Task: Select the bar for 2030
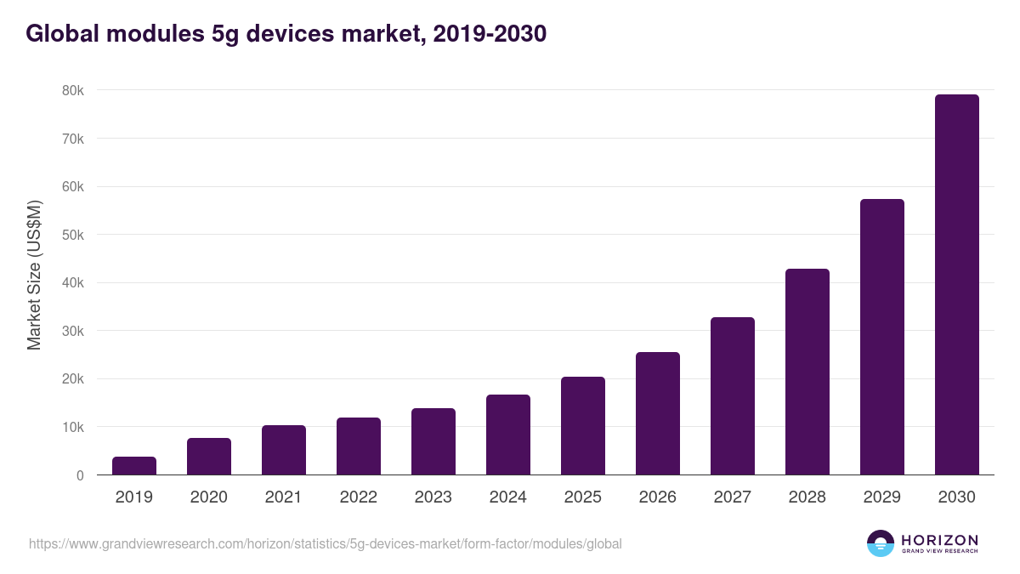pyautogui.click(x=956, y=285)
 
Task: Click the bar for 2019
pyautogui.click(x=134, y=466)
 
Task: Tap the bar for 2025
pyautogui.click(x=583, y=426)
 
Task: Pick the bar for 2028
pyautogui.click(x=807, y=372)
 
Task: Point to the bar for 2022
pyautogui.click(x=359, y=446)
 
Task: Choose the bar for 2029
pyautogui.click(x=882, y=337)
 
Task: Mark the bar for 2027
pyautogui.click(x=733, y=396)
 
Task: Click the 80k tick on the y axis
pyautogui.click(x=73, y=90)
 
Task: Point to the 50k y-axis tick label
pyautogui.click(x=73, y=235)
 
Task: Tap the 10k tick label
pyautogui.click(x=73, y=427)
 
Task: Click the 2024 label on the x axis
pyautogui.click(x=508, y=497)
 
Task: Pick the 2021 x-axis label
pyautogui.click(x=284, y=497)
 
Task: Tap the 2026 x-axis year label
pyautogui.click(x=658, y=497)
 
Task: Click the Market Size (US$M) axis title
pyautogui.click(x=34, y=275)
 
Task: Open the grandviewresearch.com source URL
pyautogui.click(x=326, y=543)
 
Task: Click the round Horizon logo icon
pyautogui.click(x=881, y=543)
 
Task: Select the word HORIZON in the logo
pyautogui.click(x=939, y=540)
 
